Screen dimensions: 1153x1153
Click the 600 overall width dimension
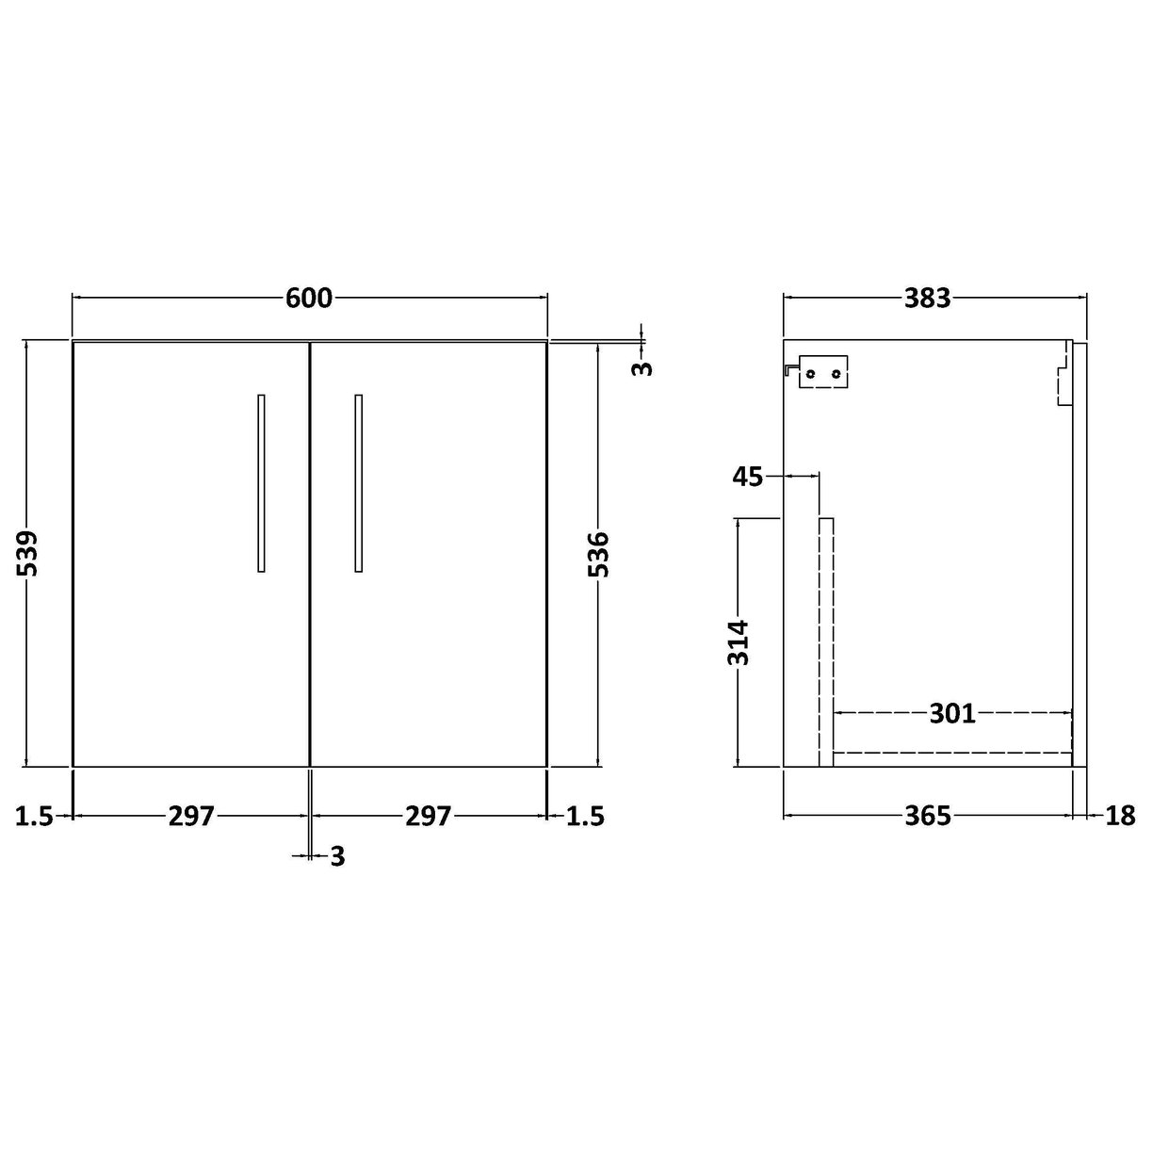[309, 298]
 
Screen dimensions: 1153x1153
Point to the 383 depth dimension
[928, 298]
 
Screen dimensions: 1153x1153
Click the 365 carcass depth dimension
[928, 816]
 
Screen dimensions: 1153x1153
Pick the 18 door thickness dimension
[1119, 816]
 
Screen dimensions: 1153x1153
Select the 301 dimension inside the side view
[952, 714]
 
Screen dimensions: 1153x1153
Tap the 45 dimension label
[747, 477]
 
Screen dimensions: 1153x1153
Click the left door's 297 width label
[191, 816]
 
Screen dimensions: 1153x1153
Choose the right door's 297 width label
[429, 816]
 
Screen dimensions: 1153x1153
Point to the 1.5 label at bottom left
[34, 816]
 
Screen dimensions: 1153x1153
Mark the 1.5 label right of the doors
[585, 816]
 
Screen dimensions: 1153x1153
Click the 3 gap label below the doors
[337, 856]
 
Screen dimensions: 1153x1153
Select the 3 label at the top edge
[641, 366]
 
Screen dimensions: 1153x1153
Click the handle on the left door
[261, 482]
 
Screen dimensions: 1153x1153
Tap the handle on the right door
[358, 482]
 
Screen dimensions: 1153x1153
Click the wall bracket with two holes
[822, 372]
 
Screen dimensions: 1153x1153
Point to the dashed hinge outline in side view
[1064, 373]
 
